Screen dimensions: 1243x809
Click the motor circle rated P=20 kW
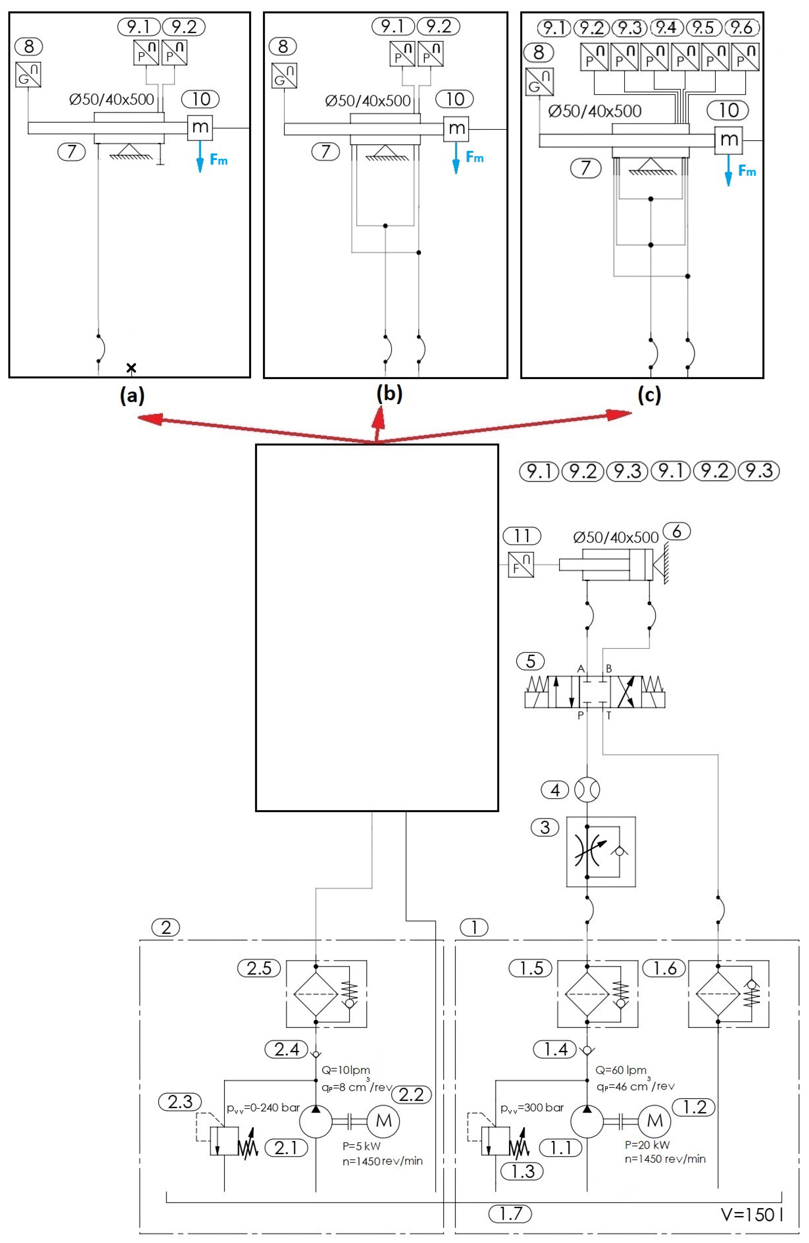(654, 1120)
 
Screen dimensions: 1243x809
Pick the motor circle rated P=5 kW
(383, 1120)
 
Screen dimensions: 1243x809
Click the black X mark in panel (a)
(131, 368)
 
